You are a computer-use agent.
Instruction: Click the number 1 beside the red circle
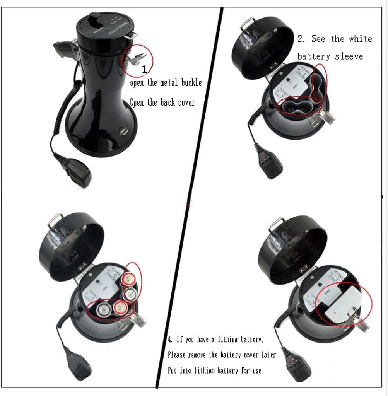(x=144, y=70)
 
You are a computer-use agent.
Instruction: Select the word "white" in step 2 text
(x=360, y=39)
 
